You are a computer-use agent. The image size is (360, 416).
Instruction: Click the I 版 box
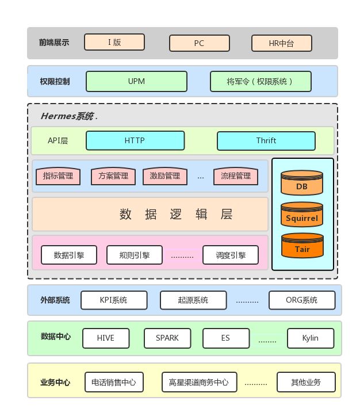click(114, 42)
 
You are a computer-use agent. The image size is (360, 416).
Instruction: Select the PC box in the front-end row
click(199, 43)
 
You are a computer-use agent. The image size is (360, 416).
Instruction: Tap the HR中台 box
click(281, 43)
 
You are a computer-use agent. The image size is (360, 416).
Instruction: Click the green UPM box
click(136, 81)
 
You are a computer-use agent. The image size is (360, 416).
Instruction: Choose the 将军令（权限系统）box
click(260, 81)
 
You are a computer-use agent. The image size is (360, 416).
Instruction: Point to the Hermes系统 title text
click(67, 116)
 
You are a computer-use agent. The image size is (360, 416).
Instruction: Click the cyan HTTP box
click(135, 140)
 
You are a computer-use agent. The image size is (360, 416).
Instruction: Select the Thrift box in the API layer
click(266, 140)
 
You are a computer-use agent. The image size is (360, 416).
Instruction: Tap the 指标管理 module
click(58, 176)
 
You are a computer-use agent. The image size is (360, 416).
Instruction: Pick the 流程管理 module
click(236, 176)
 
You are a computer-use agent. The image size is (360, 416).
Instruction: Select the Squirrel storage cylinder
click(302, 216)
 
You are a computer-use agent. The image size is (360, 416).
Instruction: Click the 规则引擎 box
click(135, 255)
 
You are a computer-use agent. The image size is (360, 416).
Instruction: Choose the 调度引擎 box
click(231, 255)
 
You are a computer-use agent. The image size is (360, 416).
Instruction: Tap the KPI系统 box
click(114, 300)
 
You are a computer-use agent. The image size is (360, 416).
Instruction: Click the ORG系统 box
click(301, 300)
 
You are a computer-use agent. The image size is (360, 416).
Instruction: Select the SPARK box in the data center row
click(167, 338)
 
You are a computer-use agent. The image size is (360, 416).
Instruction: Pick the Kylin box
click(310, 338)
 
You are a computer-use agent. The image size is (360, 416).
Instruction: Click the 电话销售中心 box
click(114, 382)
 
